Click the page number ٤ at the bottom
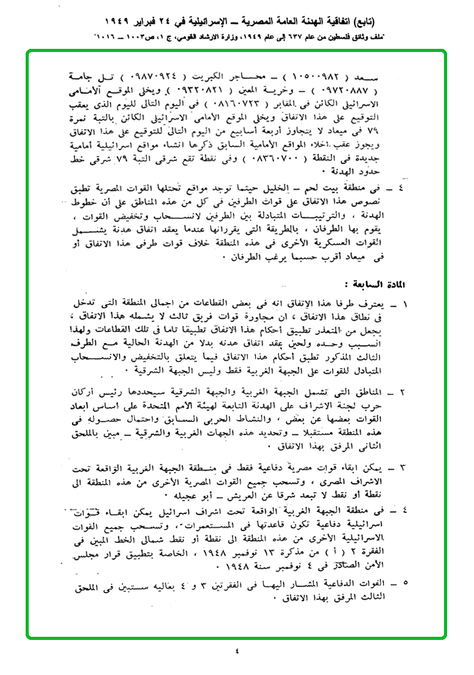pyautogui.click(x=236, y=650)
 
